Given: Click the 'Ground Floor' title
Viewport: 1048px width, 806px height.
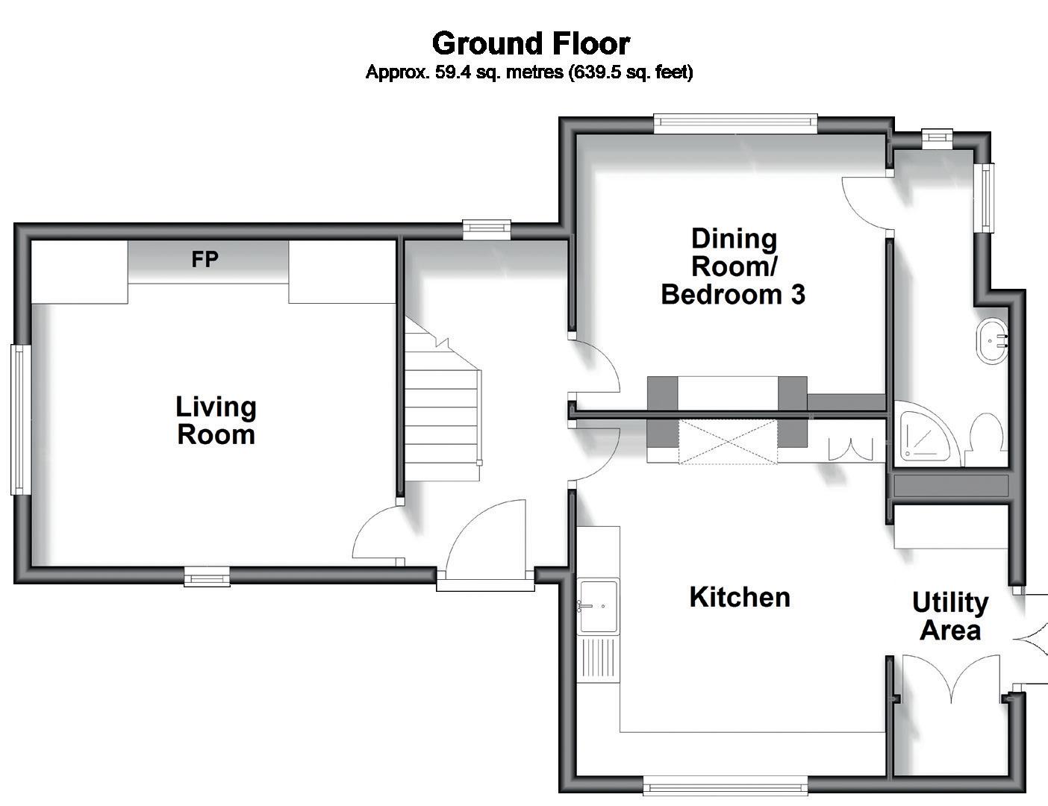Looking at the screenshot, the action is [531, 43].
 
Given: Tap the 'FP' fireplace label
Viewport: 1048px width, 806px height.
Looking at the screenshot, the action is [205, 260].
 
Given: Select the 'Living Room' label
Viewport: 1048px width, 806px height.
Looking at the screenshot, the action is [216, 420].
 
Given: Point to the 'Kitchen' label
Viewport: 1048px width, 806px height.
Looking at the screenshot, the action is [739, 597].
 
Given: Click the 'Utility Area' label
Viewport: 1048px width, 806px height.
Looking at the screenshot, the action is [950, 616].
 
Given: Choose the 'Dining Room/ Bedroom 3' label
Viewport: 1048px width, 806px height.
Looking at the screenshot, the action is [733, 266].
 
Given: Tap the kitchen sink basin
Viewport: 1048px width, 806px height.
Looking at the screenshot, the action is [599, 606].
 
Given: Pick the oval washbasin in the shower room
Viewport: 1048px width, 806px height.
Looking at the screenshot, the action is [992, 340].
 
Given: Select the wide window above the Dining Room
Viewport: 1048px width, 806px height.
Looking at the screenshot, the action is [735, 123].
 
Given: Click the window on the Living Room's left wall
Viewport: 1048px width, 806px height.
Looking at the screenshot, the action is [20, 419].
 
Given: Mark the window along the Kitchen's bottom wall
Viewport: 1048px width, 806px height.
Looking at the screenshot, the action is [726, 789].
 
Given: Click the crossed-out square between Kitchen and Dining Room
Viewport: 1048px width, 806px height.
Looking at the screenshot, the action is [728, 442].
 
